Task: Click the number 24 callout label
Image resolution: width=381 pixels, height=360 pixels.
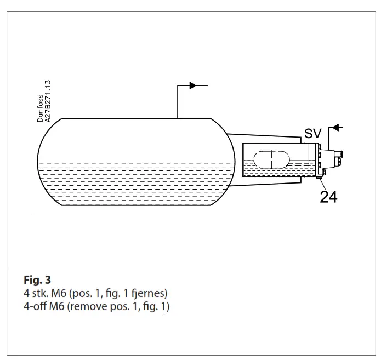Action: tap(328, 196)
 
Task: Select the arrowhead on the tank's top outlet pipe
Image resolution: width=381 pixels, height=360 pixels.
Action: tap(192, 85)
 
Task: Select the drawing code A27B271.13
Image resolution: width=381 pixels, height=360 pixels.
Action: tap(48, 101)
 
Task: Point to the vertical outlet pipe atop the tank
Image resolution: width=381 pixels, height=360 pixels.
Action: tap(178, 102)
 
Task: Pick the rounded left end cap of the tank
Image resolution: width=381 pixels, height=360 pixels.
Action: tap(47, 162)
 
